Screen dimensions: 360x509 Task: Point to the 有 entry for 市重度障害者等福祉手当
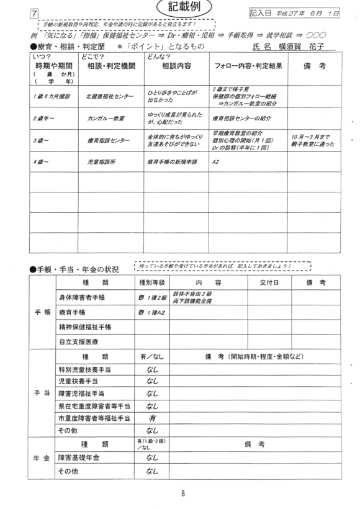152,419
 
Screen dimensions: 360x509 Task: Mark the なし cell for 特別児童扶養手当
152,370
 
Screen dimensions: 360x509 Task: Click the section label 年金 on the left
38,457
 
